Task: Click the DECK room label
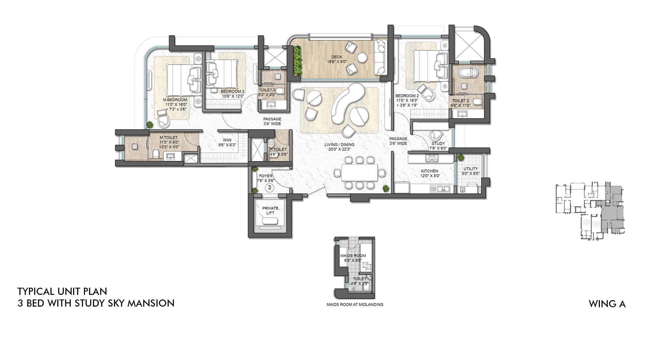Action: click(337, 57)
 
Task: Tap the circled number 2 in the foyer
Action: click(270, 187)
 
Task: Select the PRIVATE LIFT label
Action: click(270, 210)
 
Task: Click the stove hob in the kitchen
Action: click(432, 159)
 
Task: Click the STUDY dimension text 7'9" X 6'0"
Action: click(438, 148)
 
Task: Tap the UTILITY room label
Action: click(470, 169)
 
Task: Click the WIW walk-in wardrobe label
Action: click(227, 140)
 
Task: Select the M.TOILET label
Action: click(169, 138)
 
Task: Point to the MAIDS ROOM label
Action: click(353, 256)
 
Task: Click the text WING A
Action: click(607, 304)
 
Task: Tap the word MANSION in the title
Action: click(151, 303)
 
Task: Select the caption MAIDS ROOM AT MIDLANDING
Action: click(355, 305)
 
